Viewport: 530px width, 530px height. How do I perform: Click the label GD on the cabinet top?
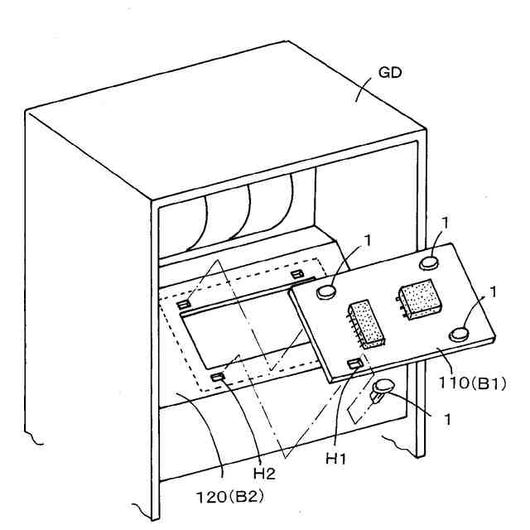coord(389,72)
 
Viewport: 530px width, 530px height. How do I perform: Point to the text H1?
coord(335,456)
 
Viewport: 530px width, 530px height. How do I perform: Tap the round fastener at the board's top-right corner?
coord(429,263)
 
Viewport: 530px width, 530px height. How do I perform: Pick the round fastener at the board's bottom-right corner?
coord(460,333)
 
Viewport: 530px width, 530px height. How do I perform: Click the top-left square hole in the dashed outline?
coord(185,303)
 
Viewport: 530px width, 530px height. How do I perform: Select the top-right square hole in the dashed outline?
coord(296,274)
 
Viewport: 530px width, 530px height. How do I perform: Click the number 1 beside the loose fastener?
coord(447,420)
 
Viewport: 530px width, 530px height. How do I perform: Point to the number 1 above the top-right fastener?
coord(446,222)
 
